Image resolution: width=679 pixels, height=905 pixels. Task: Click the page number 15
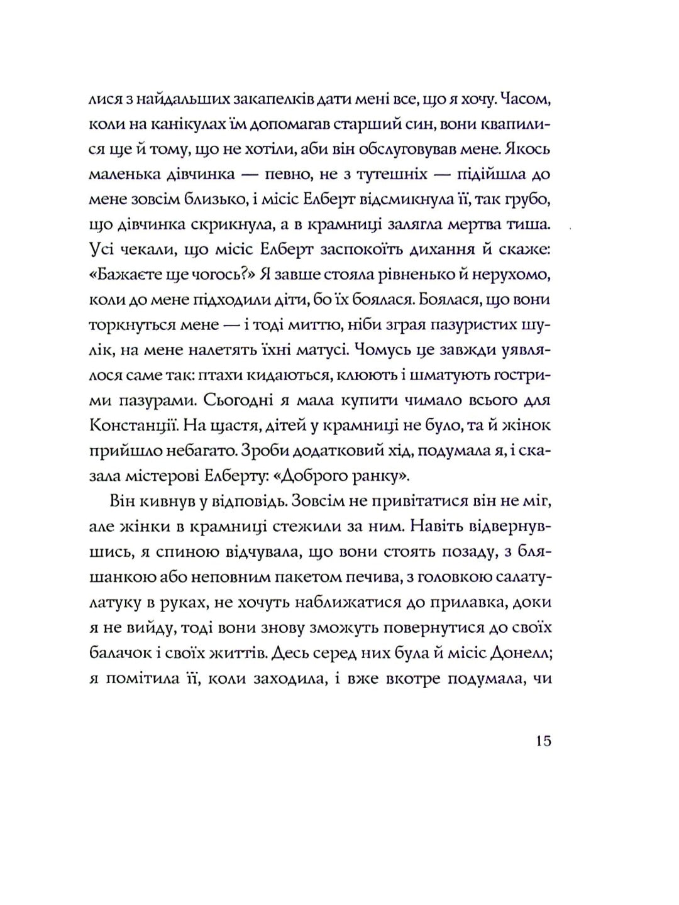click(543, 741)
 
